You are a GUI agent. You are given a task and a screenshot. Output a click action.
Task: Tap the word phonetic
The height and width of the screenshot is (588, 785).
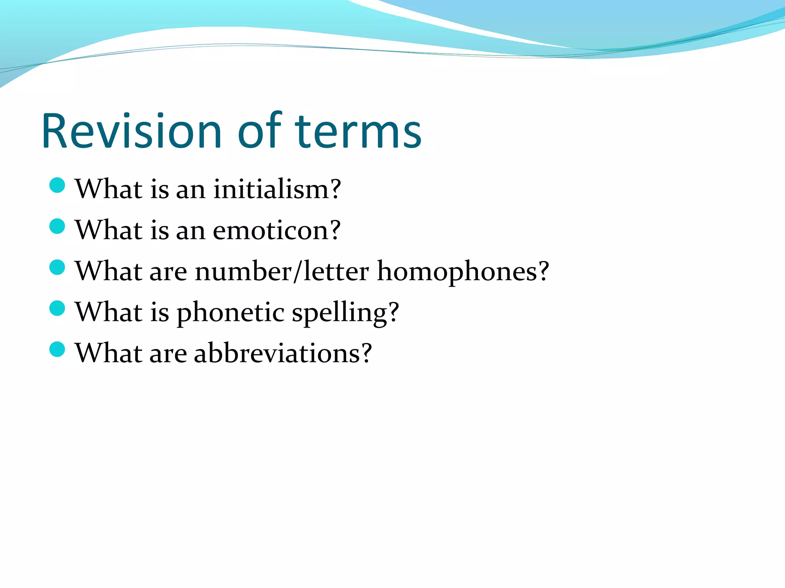point(230,312)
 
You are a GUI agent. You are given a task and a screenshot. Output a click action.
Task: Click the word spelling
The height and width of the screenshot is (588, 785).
point(340,312)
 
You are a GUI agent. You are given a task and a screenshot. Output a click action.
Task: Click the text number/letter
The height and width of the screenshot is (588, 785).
point(282,271)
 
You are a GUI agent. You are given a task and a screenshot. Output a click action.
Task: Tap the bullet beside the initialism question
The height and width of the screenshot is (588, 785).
point(57,186)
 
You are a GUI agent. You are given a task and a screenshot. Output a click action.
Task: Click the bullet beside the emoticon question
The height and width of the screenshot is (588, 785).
point(57,226)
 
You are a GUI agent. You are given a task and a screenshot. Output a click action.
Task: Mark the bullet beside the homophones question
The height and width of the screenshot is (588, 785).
point(57,267)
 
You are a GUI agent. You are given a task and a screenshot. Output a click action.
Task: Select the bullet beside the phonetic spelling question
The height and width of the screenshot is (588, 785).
point(57,308)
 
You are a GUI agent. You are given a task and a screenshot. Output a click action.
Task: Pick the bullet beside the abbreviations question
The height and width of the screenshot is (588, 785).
point(57,349)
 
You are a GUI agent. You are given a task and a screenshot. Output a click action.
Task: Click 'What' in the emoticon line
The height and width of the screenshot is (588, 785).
point(109,230)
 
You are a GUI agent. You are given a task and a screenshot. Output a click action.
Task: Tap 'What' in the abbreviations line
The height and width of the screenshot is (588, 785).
point(109,353)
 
